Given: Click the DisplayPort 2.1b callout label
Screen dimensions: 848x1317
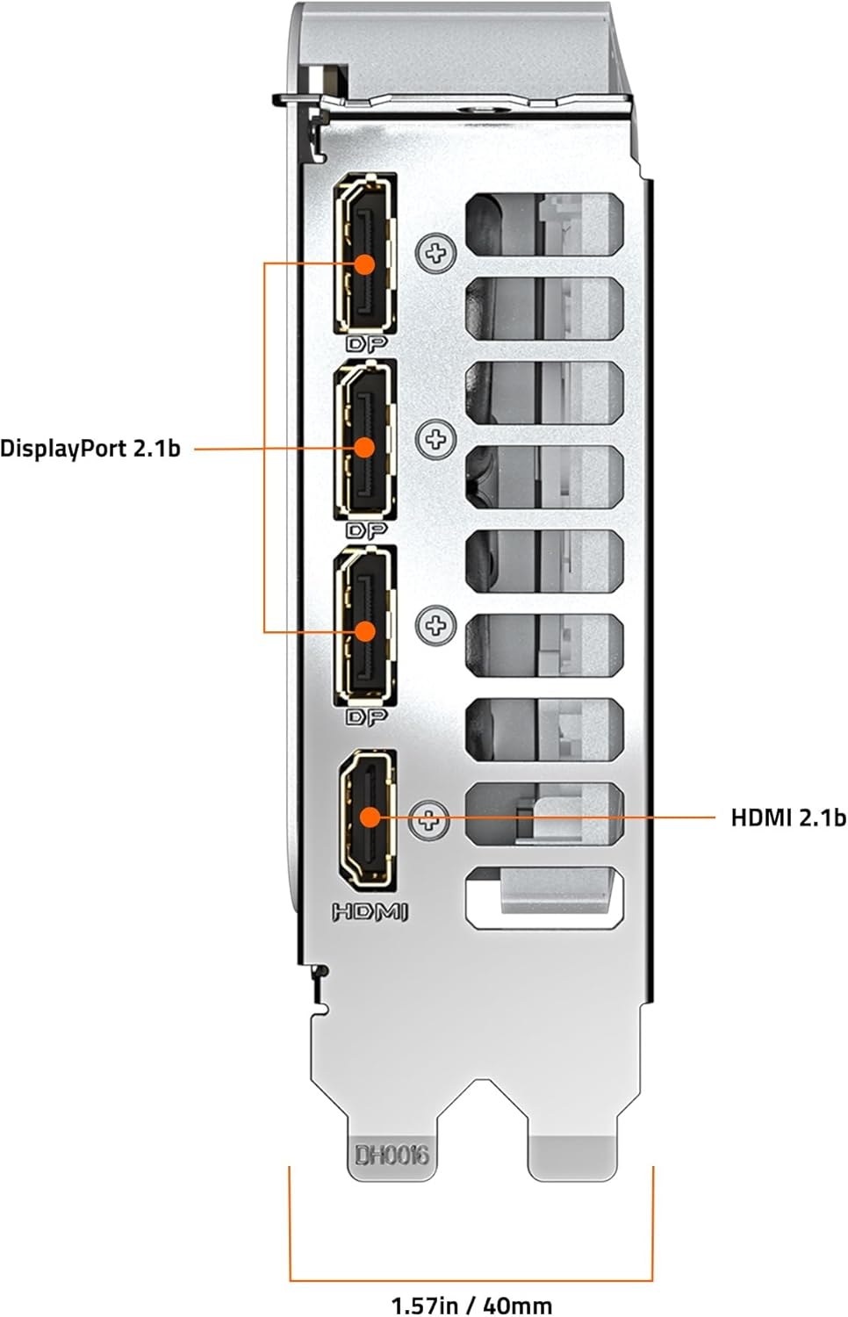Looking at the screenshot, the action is click(x=90, y=449).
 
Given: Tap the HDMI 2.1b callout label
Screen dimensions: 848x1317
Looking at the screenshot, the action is click(x=788, y=817).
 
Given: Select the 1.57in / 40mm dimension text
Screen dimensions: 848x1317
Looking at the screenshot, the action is click(x=471, y=1306).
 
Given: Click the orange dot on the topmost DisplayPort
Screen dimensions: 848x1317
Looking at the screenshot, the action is click(x=365, y=264).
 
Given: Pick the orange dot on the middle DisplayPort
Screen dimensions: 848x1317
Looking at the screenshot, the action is click(x=365, y=448).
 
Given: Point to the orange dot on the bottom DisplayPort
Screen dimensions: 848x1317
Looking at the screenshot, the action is click(x=365, y=631).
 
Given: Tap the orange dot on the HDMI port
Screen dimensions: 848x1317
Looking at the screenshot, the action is click(x=370, y=817).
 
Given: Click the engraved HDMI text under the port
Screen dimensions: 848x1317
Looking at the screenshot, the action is click(x=370, y=912).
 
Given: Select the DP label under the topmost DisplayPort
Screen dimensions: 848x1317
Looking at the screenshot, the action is click(x=366, y=344).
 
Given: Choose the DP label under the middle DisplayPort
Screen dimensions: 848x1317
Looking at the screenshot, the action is click(x=366, y=530).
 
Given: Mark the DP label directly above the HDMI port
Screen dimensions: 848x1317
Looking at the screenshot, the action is click(x=366, y=716).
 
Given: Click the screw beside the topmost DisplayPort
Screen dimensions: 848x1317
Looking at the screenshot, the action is click(x=435, y=254).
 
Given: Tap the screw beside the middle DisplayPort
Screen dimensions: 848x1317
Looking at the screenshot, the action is click(x=435, y=439).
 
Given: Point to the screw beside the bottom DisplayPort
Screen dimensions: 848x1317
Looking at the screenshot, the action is click(x=435, y=625).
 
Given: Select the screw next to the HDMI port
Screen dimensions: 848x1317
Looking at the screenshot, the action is click(x=429, y=819).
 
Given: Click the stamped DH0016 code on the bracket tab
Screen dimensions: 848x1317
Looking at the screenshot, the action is click(x=392, y=1155).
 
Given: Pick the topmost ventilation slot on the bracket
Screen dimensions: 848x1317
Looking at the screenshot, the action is click(x=544, y=224).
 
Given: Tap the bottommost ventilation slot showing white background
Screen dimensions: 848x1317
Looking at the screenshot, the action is click(x=544, y=898).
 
